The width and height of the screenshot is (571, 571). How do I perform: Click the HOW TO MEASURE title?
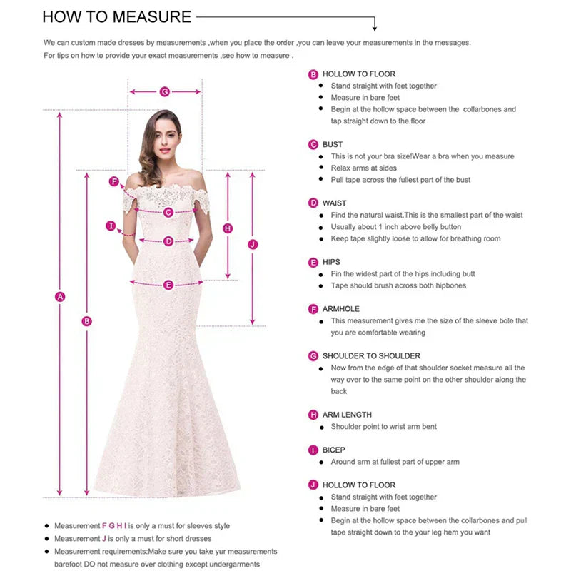(x=117, y=17)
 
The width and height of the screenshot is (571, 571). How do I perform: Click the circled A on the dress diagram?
(x=61, y=296)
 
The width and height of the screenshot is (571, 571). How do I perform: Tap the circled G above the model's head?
(x=165, y=91)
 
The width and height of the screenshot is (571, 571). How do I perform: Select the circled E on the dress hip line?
(x=168, y=285)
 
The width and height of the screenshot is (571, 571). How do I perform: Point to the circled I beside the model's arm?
(x=111, y=226)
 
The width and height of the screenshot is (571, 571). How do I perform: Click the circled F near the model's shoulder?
(x=113, y=181)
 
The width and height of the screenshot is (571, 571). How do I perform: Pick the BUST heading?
(x=333, y=144)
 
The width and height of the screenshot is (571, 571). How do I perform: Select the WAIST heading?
(x=334, y=203)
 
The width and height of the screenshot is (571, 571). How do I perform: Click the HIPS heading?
(x=331, y=262)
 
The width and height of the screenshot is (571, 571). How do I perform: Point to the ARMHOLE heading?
(x=341, y=309)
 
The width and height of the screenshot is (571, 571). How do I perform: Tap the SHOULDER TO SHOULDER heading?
(x=371, y=355)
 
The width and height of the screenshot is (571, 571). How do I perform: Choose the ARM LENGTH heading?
(x=347, y=415)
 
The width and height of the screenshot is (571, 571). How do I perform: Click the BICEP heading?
(x=333, y=450)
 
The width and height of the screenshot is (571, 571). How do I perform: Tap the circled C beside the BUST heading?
(x=313, y=144)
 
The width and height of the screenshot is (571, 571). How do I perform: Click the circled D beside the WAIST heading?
(x=313, y=203)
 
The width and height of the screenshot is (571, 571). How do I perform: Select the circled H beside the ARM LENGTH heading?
(x=313, y=415)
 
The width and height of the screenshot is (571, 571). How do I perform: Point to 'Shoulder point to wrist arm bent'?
(x=383, y=427)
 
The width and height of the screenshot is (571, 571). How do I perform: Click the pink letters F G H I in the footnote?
(x=114, y=526)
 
